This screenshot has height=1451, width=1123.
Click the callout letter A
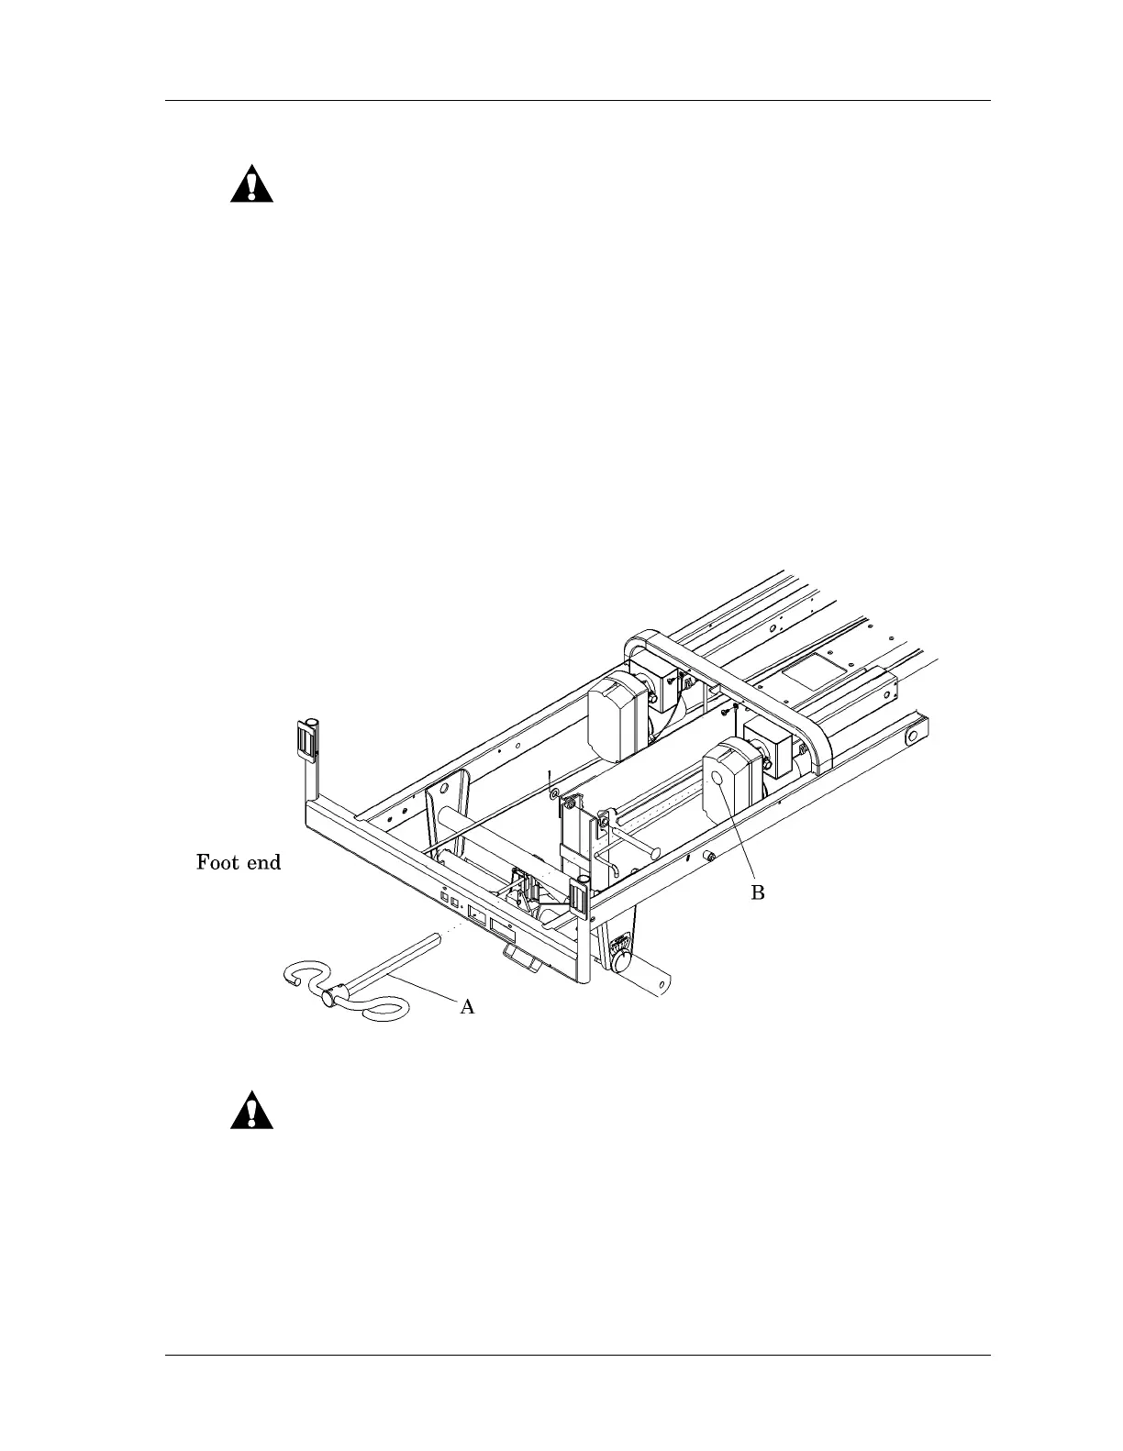click(467, 1007)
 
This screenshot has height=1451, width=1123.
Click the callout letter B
click(758, 892)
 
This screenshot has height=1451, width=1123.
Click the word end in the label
click(262, 862)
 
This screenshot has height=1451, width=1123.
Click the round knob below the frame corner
click(621, 961)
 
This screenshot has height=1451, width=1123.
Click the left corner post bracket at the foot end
click(306, 738)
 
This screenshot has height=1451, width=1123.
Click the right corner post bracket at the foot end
click(579, 898)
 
